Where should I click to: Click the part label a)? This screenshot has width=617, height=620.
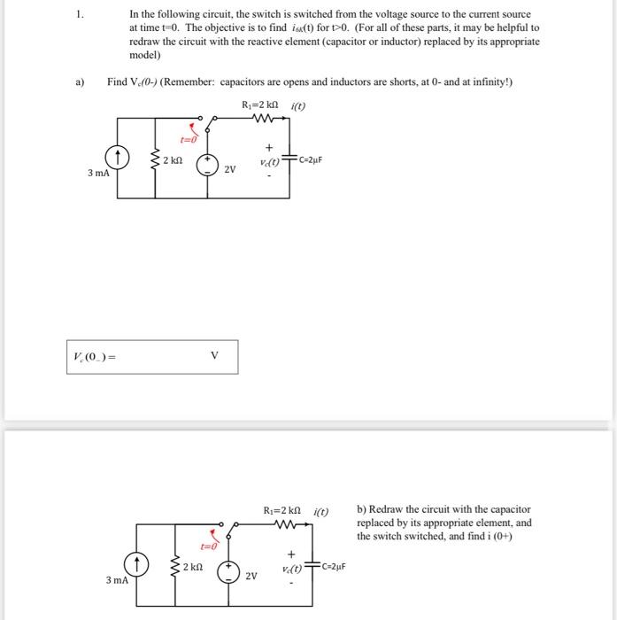point(78,81)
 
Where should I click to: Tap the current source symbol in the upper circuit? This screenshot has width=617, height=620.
point(120,159)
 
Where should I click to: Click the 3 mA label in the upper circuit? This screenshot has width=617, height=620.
point(98,173)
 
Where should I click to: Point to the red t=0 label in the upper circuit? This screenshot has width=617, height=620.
point(187,139)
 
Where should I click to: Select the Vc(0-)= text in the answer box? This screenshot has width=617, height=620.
point(93,357)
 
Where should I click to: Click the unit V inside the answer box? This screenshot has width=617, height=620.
point(213,356)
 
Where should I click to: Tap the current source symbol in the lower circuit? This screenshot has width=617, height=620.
point(137,563)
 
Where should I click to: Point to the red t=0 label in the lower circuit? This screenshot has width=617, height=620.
point(210,546)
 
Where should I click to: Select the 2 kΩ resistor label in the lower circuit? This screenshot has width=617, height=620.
point(192,565)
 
